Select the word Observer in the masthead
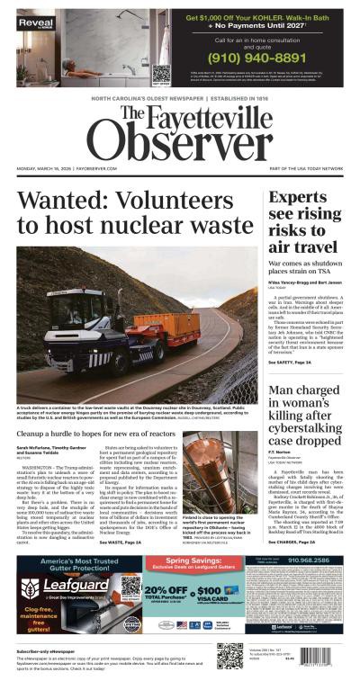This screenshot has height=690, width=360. point(180,139)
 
